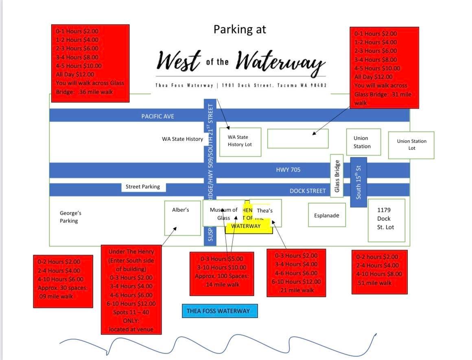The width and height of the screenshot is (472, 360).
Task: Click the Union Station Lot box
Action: click(x=411, y=145)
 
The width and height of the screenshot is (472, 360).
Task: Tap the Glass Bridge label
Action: click(x=337, y=176)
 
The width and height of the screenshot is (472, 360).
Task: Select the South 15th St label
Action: click(x=358, y=182)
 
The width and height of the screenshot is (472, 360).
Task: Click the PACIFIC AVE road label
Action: click(x=157, y=116)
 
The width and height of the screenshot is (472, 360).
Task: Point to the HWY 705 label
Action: click(x=288, y=170)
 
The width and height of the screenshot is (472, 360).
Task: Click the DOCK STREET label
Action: click(x=308, y=191)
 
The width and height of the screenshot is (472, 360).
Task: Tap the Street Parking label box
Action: click(x=143, y=187)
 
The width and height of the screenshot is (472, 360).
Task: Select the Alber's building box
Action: click(x=182, y=218)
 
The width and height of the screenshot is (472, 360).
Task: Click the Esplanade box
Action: click(x=327, y=215)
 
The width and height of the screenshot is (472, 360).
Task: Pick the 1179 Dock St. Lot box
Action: click(x=386, y=220)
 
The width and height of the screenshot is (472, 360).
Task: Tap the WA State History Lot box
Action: click(x=240, y=141)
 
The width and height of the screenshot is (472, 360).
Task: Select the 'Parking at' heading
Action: click(x=240, y=29)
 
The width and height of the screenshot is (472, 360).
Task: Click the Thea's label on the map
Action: click(x=265, y=211)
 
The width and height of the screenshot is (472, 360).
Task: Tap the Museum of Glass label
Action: click(x=223, y=213)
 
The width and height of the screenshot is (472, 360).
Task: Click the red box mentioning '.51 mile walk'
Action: click(x=379, y=271)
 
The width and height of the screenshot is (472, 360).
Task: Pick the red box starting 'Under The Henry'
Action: click(x=131, y=290)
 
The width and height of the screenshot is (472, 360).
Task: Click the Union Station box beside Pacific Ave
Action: click(x=363, y=142)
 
